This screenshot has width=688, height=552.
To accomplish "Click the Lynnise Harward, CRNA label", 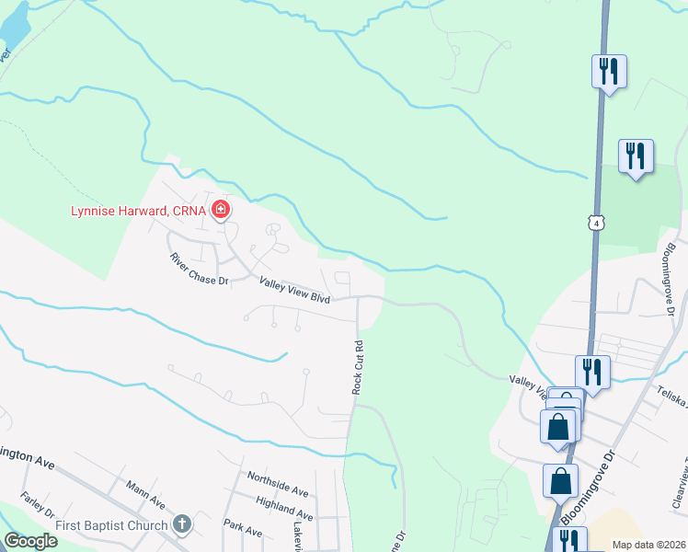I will [x=139, y=211].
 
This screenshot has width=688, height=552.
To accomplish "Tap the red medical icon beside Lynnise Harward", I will [x=221, y=211].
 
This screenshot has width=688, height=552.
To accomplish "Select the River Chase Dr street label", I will [x=199, y=270].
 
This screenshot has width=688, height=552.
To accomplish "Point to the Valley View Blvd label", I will [x=294, y=290].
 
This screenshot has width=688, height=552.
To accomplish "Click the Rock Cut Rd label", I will [x=359, y=368].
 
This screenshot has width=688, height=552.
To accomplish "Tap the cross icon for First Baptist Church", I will [x=182, y=525].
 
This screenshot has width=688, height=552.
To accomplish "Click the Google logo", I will [x=30, y=541].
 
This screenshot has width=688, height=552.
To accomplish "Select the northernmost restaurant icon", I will [x=608, y=71].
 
